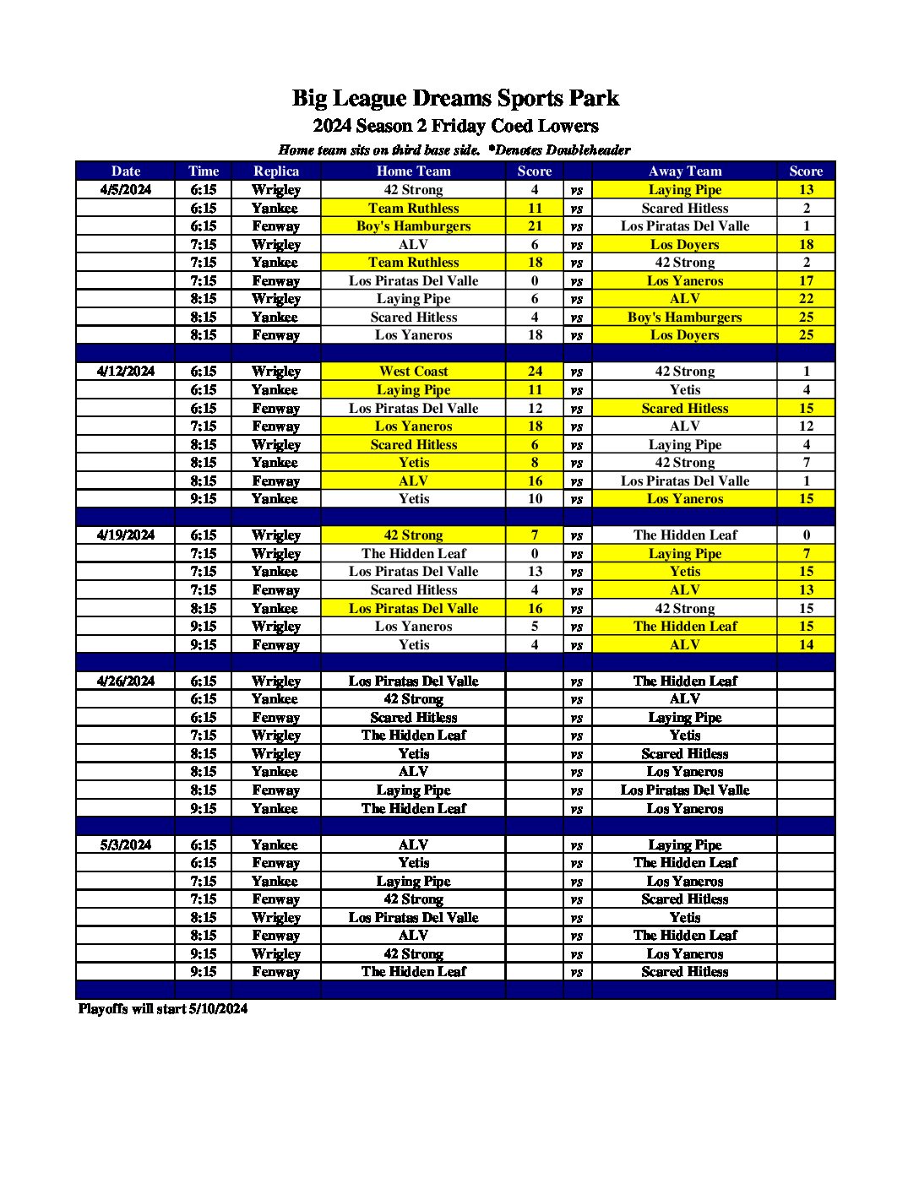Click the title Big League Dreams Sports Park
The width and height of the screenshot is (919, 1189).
click(x=455, y=99)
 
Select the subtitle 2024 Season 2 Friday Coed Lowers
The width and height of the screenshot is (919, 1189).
click(x=455, y=127)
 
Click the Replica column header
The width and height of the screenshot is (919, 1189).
click(x=276, y=171)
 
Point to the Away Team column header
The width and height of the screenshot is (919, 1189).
click(x=685, y=171)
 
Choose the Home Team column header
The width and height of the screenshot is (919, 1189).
click(x=413, y=171)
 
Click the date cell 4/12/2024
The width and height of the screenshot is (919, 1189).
click(x=126, y=372)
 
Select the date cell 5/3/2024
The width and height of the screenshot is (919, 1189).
click(x=126, y=845)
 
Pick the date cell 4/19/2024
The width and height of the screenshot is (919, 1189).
click(x=126, y=535)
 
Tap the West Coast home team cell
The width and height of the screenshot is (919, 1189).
click(x=413, y=372)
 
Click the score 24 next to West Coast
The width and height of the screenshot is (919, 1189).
click(x=535, y=372)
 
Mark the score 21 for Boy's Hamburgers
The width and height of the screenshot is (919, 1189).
click(x=535, y=226)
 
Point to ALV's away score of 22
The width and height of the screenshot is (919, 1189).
click(x=806, y=299)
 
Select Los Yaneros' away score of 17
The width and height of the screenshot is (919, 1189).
click(x=806, y=281)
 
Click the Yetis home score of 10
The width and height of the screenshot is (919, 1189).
click(x=535, y=499)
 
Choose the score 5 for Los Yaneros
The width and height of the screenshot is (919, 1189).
click(x=535, y=627)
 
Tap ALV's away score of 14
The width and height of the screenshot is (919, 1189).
click(x=806, y=645)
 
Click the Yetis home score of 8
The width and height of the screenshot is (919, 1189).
click(x=535, y=463)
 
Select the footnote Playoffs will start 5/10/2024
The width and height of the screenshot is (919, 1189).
click(x=163, y=1009)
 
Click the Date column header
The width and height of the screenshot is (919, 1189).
click(x=126, y=171)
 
